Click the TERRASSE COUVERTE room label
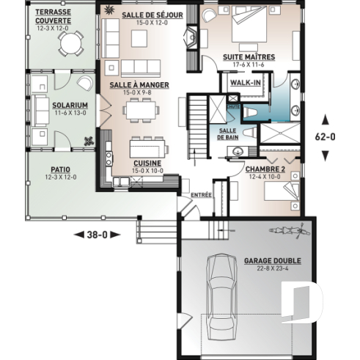pos(52,18)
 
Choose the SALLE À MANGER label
pos(139,85)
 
